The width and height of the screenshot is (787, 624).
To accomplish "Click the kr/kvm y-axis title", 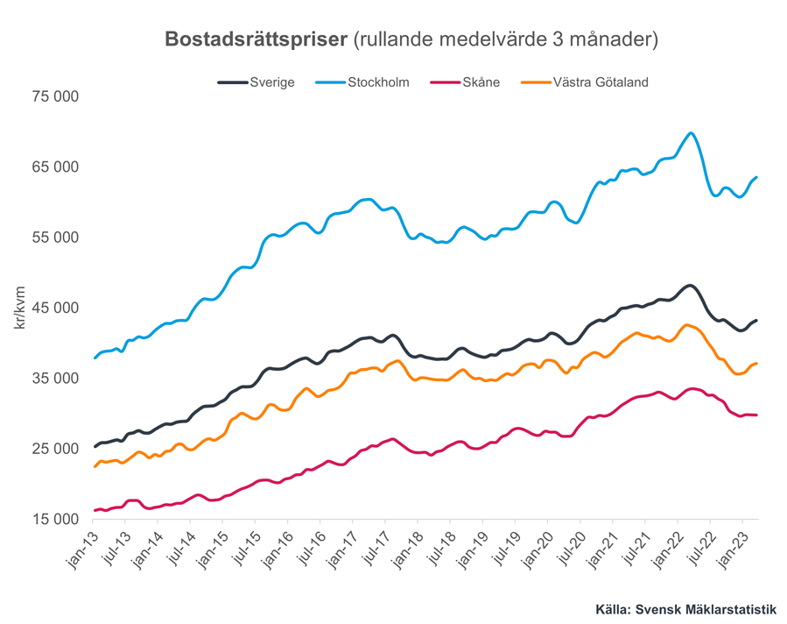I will pyautogui.click(x=18, y=308).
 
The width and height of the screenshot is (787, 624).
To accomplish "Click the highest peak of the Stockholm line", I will pyautogui.click(x=692, y=133).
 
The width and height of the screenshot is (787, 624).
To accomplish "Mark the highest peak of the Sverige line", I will pyautogui.click(x=690, y=286).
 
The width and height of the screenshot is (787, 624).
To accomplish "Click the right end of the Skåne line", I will pyautogui.click(x=756, y=415).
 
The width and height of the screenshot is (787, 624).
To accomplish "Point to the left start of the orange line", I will pyautogui.click(x=95, y=466).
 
